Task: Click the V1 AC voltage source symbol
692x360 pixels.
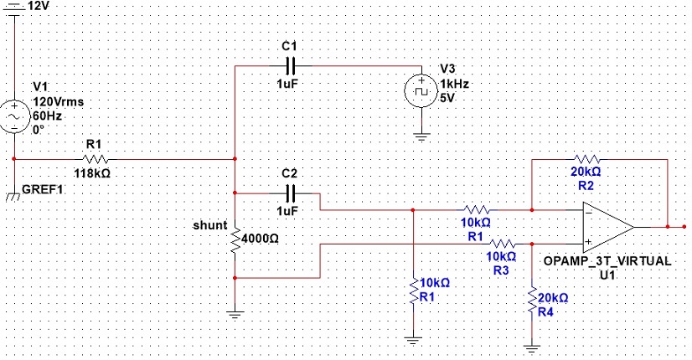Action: (13, 116)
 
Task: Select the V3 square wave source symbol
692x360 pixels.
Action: (421, 91)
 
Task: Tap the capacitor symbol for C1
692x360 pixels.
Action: (291, 66)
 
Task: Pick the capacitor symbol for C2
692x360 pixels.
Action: (291, 193)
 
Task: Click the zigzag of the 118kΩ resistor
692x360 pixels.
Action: (94, 159)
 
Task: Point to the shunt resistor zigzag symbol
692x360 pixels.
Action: (235, 240)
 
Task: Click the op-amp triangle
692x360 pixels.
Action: (608, 227)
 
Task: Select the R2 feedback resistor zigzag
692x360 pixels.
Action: (587, 159)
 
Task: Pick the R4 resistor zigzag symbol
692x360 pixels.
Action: (532, 300)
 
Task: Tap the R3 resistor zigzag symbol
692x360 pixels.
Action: (502, 244)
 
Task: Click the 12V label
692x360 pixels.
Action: (38, 6)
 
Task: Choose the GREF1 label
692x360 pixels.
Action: (42, 190)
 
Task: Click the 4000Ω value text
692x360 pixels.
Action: (261, 239)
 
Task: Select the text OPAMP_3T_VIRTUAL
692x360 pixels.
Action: (607, 260)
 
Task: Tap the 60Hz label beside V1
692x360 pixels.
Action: (47, 116)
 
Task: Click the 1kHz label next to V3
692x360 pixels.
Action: (454, 84)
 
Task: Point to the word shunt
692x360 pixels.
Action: (210, 225)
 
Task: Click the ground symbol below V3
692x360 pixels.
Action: (421, 137)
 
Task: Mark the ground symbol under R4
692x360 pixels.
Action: (532, 349)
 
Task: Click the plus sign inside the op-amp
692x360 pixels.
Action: (588, 242)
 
